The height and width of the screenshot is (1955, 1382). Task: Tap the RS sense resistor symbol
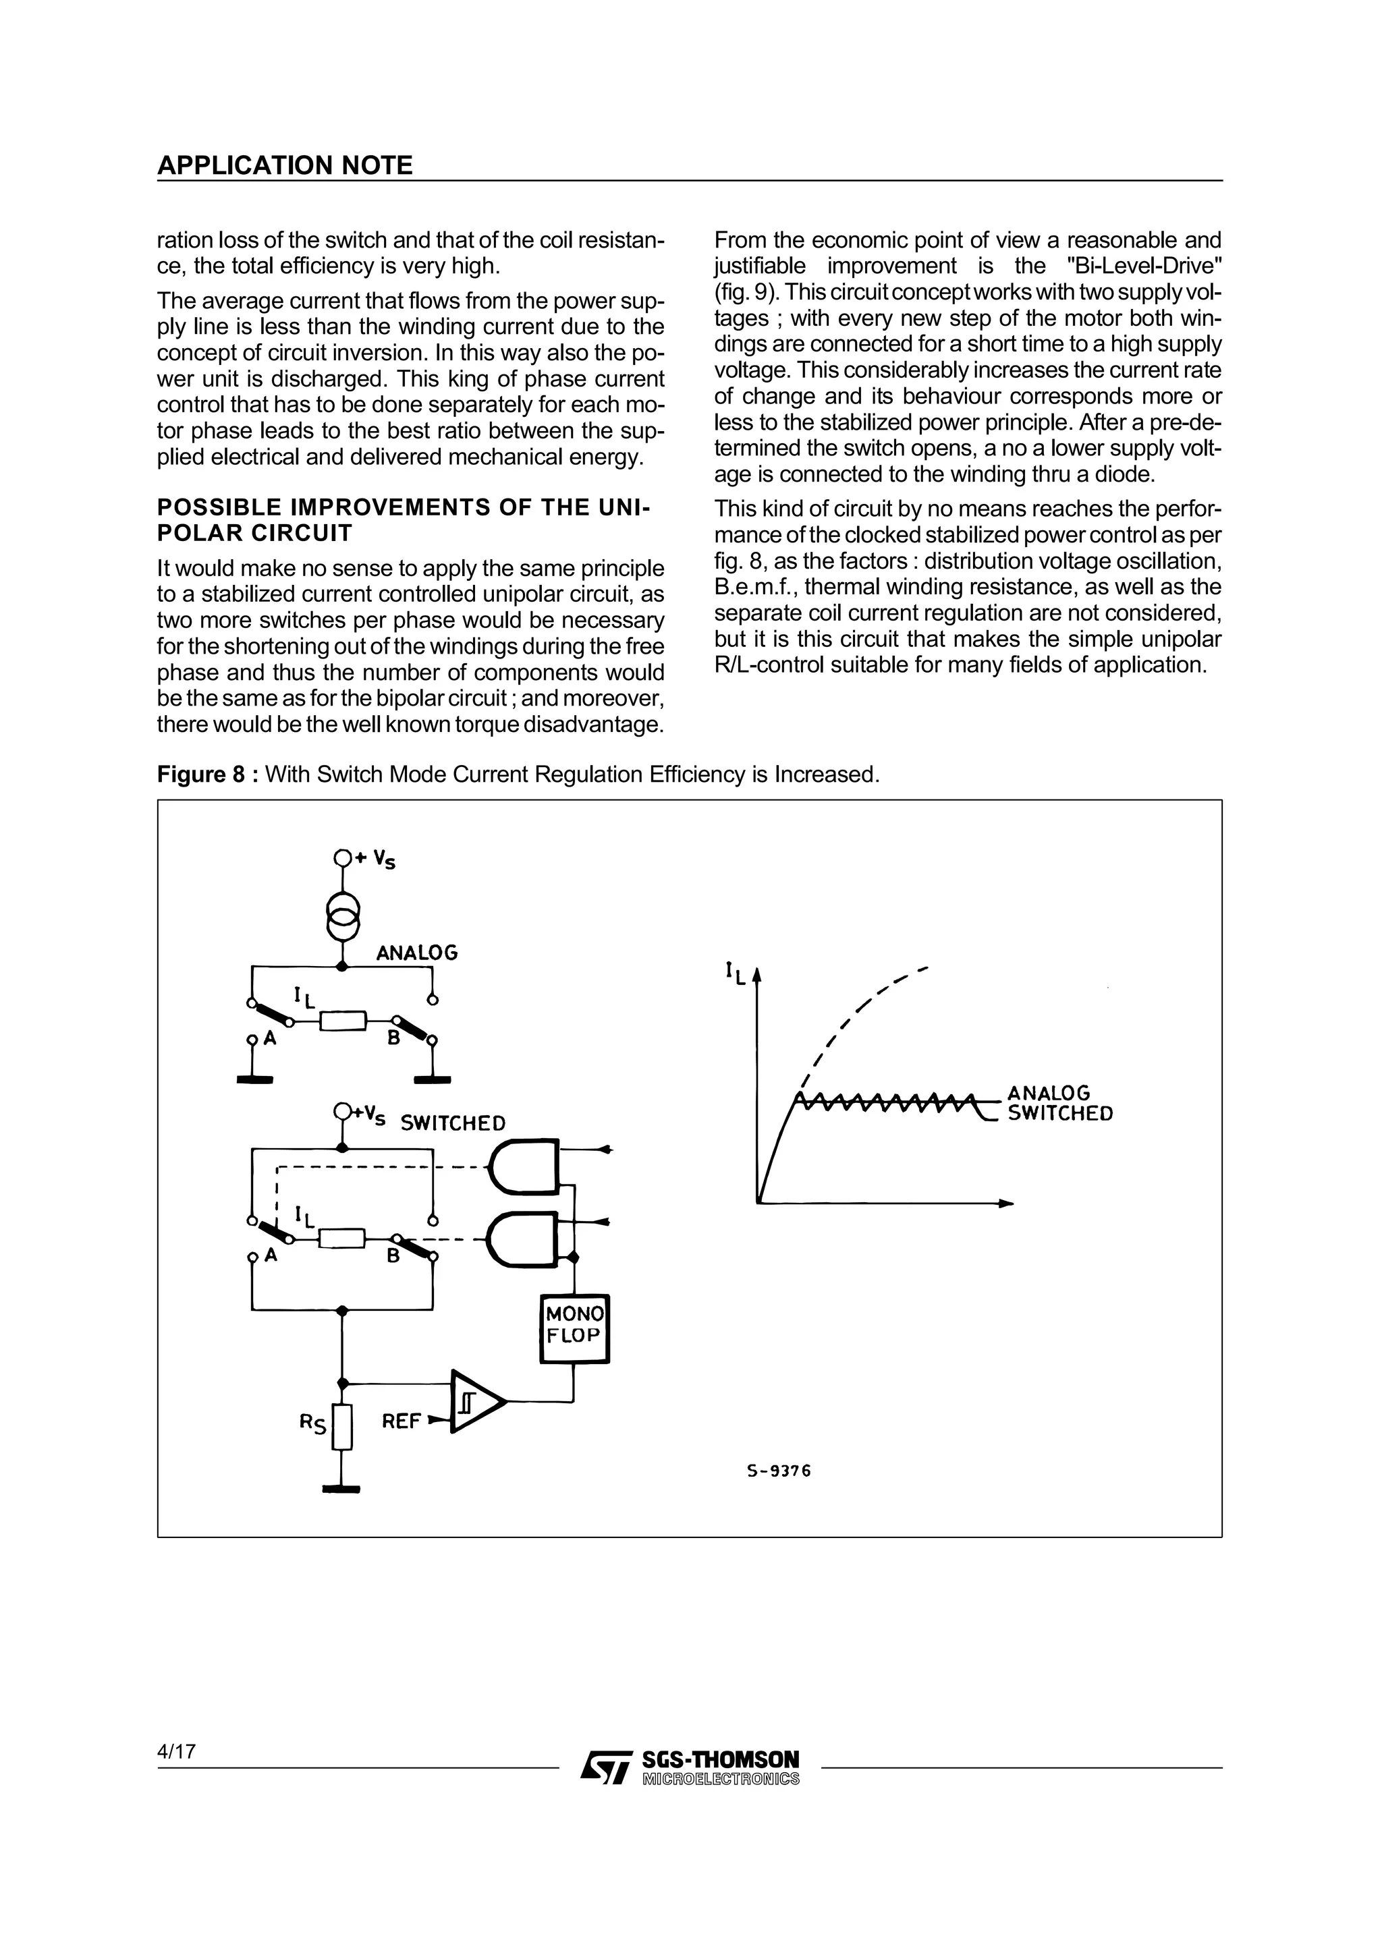tap(342, 1426)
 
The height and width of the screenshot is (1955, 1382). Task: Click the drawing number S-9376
tap(778, 1471)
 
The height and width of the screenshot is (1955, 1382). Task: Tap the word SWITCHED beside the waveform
tap(1060, 1114)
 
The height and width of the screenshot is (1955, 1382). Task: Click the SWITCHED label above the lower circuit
tap(452, 1123)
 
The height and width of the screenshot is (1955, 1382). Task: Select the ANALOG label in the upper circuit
tap(416, 953)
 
